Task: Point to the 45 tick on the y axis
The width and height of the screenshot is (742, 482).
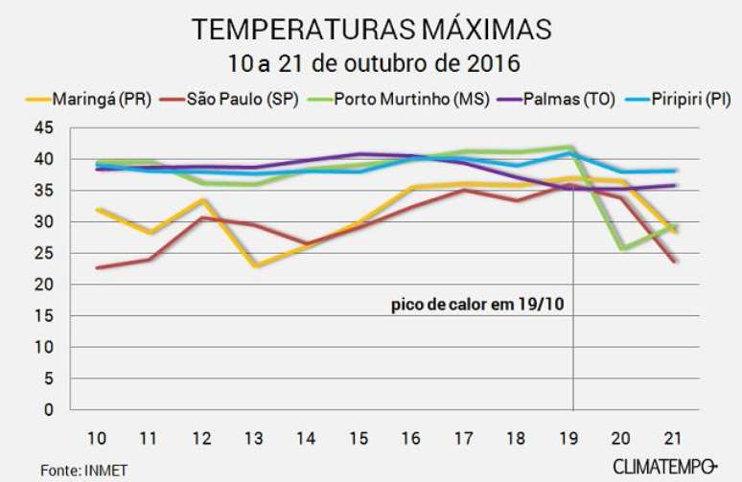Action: point(69,127)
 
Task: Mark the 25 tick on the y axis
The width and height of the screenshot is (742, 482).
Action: point(69,253)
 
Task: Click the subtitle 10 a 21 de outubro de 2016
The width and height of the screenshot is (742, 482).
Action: point(372,65)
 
